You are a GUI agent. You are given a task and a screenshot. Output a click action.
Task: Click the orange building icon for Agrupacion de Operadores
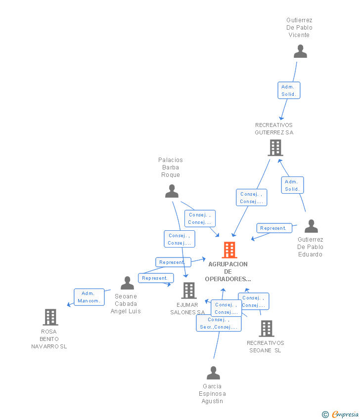pyautogui.click(x=229, y=250)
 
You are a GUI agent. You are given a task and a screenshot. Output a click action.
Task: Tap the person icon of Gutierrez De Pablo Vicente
pyautogui.click(x=300, y=51)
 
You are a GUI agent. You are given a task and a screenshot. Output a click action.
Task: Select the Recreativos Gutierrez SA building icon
pyautogui.click(x=275, y=147)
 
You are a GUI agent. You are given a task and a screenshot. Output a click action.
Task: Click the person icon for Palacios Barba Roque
pyautogui.click(x=172, y=191)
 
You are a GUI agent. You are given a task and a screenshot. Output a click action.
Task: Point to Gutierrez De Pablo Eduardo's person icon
pyautogui.click(x=311, y=226)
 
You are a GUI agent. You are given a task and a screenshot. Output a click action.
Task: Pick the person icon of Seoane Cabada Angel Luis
pyautogui.click(x=127, y=283)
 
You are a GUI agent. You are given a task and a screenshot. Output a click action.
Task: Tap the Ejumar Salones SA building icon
pyautogui.click(x=188, y=291)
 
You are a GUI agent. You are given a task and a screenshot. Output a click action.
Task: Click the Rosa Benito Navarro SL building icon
pyautogui.click(x=50, y=317)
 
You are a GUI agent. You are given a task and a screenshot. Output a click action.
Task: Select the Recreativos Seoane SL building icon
pyautogui.click(x=266, y=329)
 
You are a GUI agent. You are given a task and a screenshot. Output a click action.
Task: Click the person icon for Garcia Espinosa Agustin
pyautogui.click(x=213, y=373)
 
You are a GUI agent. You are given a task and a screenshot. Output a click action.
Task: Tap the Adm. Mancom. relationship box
pyautogui.click(x=89, y=297)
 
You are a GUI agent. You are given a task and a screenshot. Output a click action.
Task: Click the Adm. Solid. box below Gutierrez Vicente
pyautogui.click(x=289, y=90)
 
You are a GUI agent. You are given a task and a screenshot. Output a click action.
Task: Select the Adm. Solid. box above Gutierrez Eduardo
pyautogui.click(x=292, y=185)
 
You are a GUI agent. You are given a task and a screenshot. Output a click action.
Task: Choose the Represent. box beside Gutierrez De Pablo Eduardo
pyautogui.click(x=274, y=228)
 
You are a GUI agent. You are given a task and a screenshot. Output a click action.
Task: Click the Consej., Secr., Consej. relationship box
pyautogui.click(x=219, y=324)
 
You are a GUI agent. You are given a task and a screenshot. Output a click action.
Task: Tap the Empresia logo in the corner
pyautogui.click(x=341, y=415)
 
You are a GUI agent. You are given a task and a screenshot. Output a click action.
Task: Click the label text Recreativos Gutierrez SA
pyautogui.click(x=274, y=129)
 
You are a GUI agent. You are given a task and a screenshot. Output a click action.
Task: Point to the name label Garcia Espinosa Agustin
pyautogui.click(x=213, y=394)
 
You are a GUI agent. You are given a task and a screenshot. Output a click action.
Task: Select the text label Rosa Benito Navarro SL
pyautogui.click(x=49, y=339)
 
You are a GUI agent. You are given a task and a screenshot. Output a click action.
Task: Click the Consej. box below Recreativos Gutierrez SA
pyautogui.click(x=251, y=198)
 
